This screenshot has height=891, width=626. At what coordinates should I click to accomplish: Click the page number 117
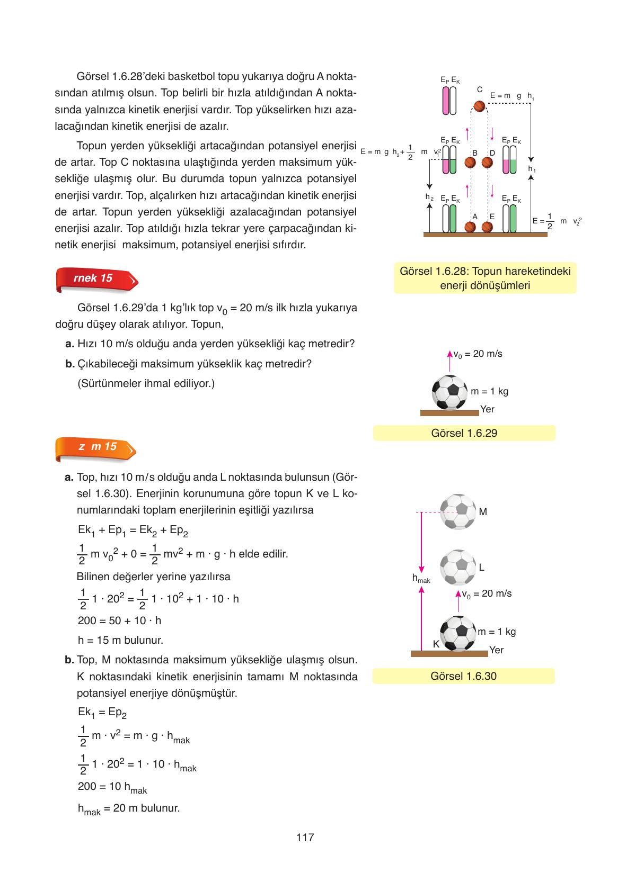click(x=305, y=838)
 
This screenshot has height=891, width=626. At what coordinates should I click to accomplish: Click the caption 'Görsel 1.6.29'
click(x=464, y=433)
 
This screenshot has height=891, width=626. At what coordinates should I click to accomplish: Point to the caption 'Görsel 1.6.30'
click(x=463, y=676)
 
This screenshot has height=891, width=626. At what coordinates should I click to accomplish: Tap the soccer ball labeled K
click(x=460, y=634)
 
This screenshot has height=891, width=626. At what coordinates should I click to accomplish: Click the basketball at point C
click(x=479, y=106)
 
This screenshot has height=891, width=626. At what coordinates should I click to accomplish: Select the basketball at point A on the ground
click(x=470, y=227)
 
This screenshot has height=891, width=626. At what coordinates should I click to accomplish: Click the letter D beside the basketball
click(x=492, y=153)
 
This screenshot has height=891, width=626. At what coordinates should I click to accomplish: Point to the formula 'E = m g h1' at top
click(x=512, y=96)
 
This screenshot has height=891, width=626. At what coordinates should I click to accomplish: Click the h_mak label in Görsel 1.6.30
click(x=421, y=579)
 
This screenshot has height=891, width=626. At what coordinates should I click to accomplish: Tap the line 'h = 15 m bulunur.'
click(x=120, y=640)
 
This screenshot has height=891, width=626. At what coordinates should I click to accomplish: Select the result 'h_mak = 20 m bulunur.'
click(x=129, y=808)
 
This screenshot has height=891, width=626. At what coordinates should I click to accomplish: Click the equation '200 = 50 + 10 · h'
click(x=119, y=620)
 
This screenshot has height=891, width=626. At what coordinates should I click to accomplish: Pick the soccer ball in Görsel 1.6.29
click(x=449, y=392)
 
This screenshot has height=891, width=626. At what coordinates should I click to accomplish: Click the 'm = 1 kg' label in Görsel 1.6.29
click(x=489, y=391)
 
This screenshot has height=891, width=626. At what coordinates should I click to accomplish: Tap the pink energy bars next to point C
click(x=449, y=101)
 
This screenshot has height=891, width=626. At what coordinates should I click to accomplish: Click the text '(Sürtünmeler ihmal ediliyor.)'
click(x=146, y=383)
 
